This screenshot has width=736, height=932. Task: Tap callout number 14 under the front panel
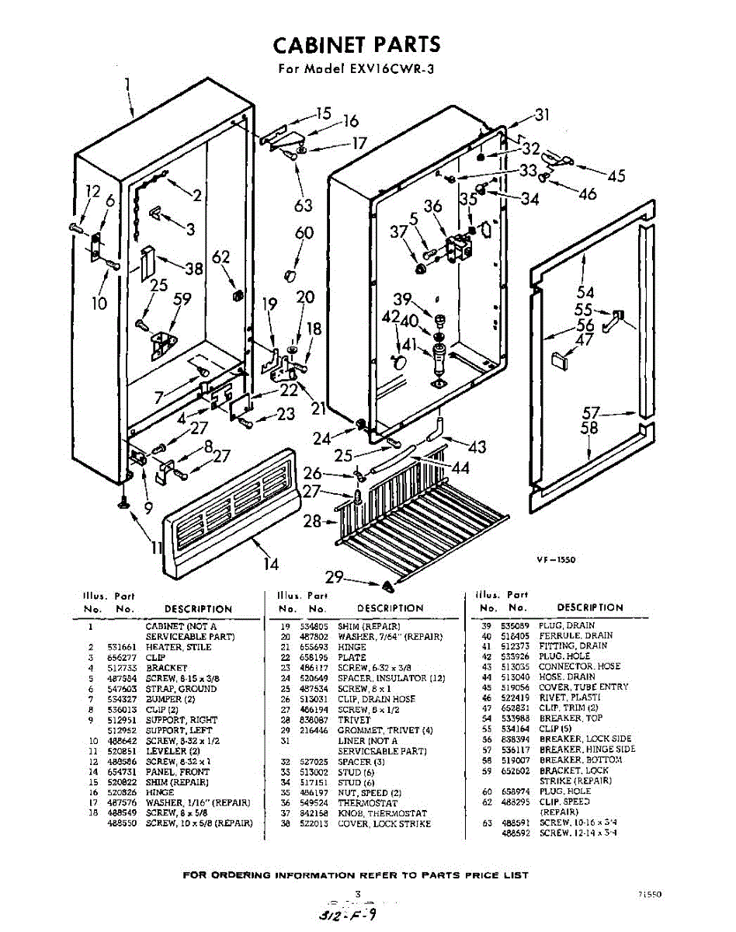[271, 563]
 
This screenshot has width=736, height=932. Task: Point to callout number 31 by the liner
[542, 115]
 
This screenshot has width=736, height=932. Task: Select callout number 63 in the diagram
[304, 205]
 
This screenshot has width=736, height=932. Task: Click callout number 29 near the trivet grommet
[334, 577]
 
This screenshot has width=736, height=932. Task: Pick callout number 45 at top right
[616, 176]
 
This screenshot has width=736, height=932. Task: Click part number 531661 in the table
[120, 646]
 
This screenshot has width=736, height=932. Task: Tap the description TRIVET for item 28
[354, 719]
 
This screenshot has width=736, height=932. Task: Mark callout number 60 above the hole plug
[304, 234]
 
